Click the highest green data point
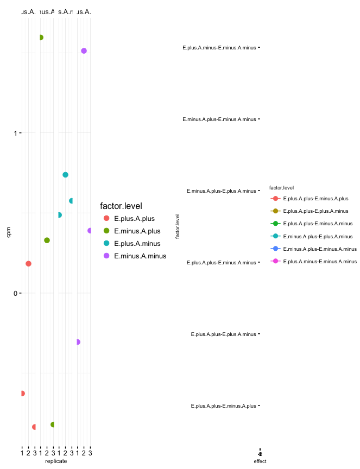41,37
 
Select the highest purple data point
84,51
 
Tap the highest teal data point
65,175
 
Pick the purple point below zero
78,342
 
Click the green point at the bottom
53,424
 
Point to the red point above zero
28,264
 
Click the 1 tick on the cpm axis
15,133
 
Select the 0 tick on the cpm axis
15,293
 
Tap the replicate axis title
56,461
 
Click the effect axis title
260,461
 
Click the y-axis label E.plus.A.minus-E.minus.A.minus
219,48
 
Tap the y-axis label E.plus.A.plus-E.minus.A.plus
223,405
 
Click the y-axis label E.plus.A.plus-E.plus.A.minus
223,334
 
